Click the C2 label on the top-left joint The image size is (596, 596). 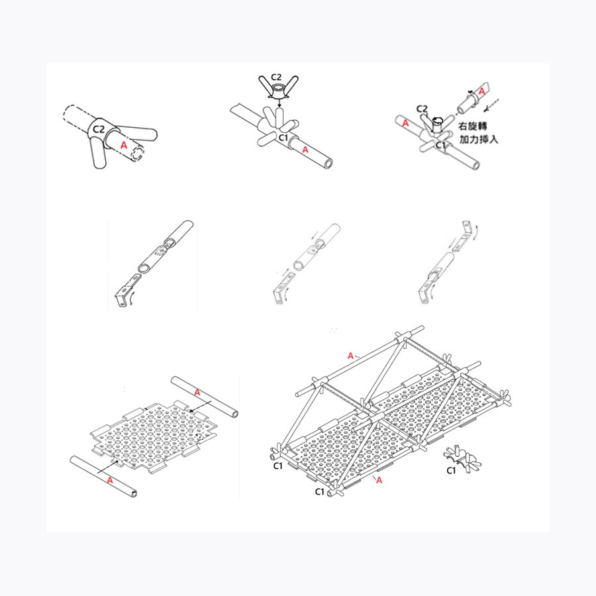click(x=99, y=129)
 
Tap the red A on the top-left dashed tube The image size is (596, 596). click(x=124, y=145)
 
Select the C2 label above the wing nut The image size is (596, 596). click(x=277, y=77)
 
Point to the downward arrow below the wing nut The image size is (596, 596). click(x=279, y=103)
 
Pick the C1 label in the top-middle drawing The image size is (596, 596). click(x=284, y=138)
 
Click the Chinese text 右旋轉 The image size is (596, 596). click(x=472, y=126)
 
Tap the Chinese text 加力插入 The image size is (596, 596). click(x=479, y=139)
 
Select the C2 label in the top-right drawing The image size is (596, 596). click(x=422, y=109)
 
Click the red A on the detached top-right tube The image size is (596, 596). click(x=481, y=91)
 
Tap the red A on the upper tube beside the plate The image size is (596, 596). click(x=197, y=392)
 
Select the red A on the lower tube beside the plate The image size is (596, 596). click(x=110, y=481)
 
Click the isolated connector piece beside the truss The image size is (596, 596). click(x=462, y=458)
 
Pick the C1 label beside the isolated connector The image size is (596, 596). click(x=451, y=471)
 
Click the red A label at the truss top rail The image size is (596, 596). click(x=350, y=356)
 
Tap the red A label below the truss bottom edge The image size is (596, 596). click(x=379, y=481)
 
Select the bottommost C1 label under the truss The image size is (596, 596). click(x=320, y=492)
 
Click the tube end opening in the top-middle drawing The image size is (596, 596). click(x=328, y=164)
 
